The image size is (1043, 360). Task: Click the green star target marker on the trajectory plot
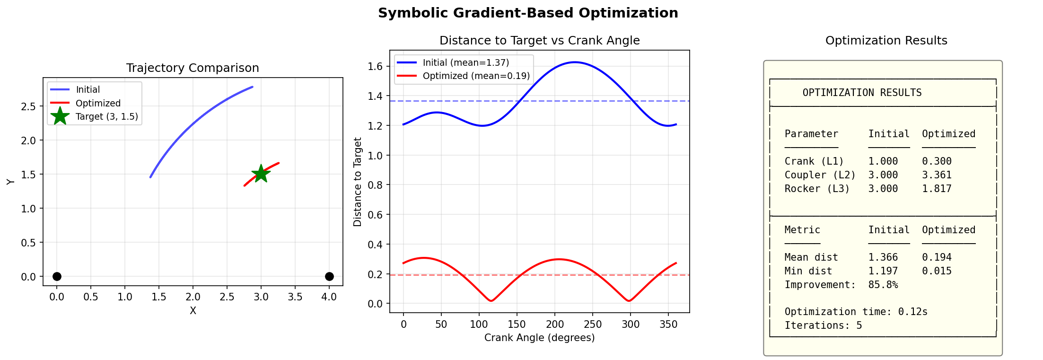261,174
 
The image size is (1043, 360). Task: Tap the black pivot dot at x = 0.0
57,276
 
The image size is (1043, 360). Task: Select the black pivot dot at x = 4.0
329,276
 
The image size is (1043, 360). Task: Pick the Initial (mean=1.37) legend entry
465,62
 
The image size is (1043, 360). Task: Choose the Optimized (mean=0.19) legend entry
476,76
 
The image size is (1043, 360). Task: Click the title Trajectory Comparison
193,68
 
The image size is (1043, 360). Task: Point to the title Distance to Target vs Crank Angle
539,41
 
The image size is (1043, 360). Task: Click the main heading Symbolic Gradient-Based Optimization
528,13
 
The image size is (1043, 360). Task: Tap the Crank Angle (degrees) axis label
539,338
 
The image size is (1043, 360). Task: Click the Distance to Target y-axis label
358,182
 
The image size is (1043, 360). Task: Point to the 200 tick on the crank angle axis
555,325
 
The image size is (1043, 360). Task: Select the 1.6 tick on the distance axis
375,66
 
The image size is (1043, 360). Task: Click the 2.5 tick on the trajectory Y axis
28,106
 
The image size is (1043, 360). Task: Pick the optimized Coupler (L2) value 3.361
937,175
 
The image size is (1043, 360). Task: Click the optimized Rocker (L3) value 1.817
937,189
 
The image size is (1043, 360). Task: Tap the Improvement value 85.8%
883,285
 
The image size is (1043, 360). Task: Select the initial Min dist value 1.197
883,271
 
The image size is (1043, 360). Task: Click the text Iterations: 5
823,325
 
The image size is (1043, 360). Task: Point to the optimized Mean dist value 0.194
937,257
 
